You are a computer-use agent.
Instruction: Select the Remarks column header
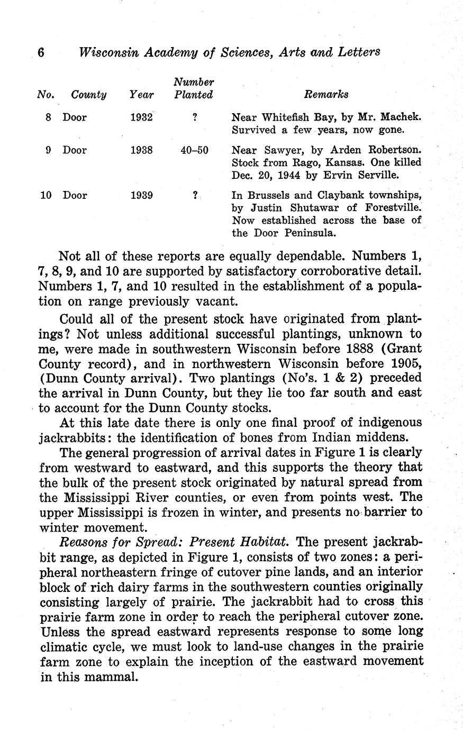click(326, 95)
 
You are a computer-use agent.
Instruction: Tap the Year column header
click(141, 95)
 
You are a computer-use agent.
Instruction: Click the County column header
click(88, 95)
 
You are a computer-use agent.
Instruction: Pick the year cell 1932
click(141, 117)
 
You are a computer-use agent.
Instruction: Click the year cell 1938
click(141, 150)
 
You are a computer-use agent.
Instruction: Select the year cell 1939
click(141, 195)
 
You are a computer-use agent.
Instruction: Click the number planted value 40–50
click(194, 150)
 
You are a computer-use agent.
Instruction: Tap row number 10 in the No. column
click(47, 195)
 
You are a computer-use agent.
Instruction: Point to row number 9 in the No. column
click(48, 150)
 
